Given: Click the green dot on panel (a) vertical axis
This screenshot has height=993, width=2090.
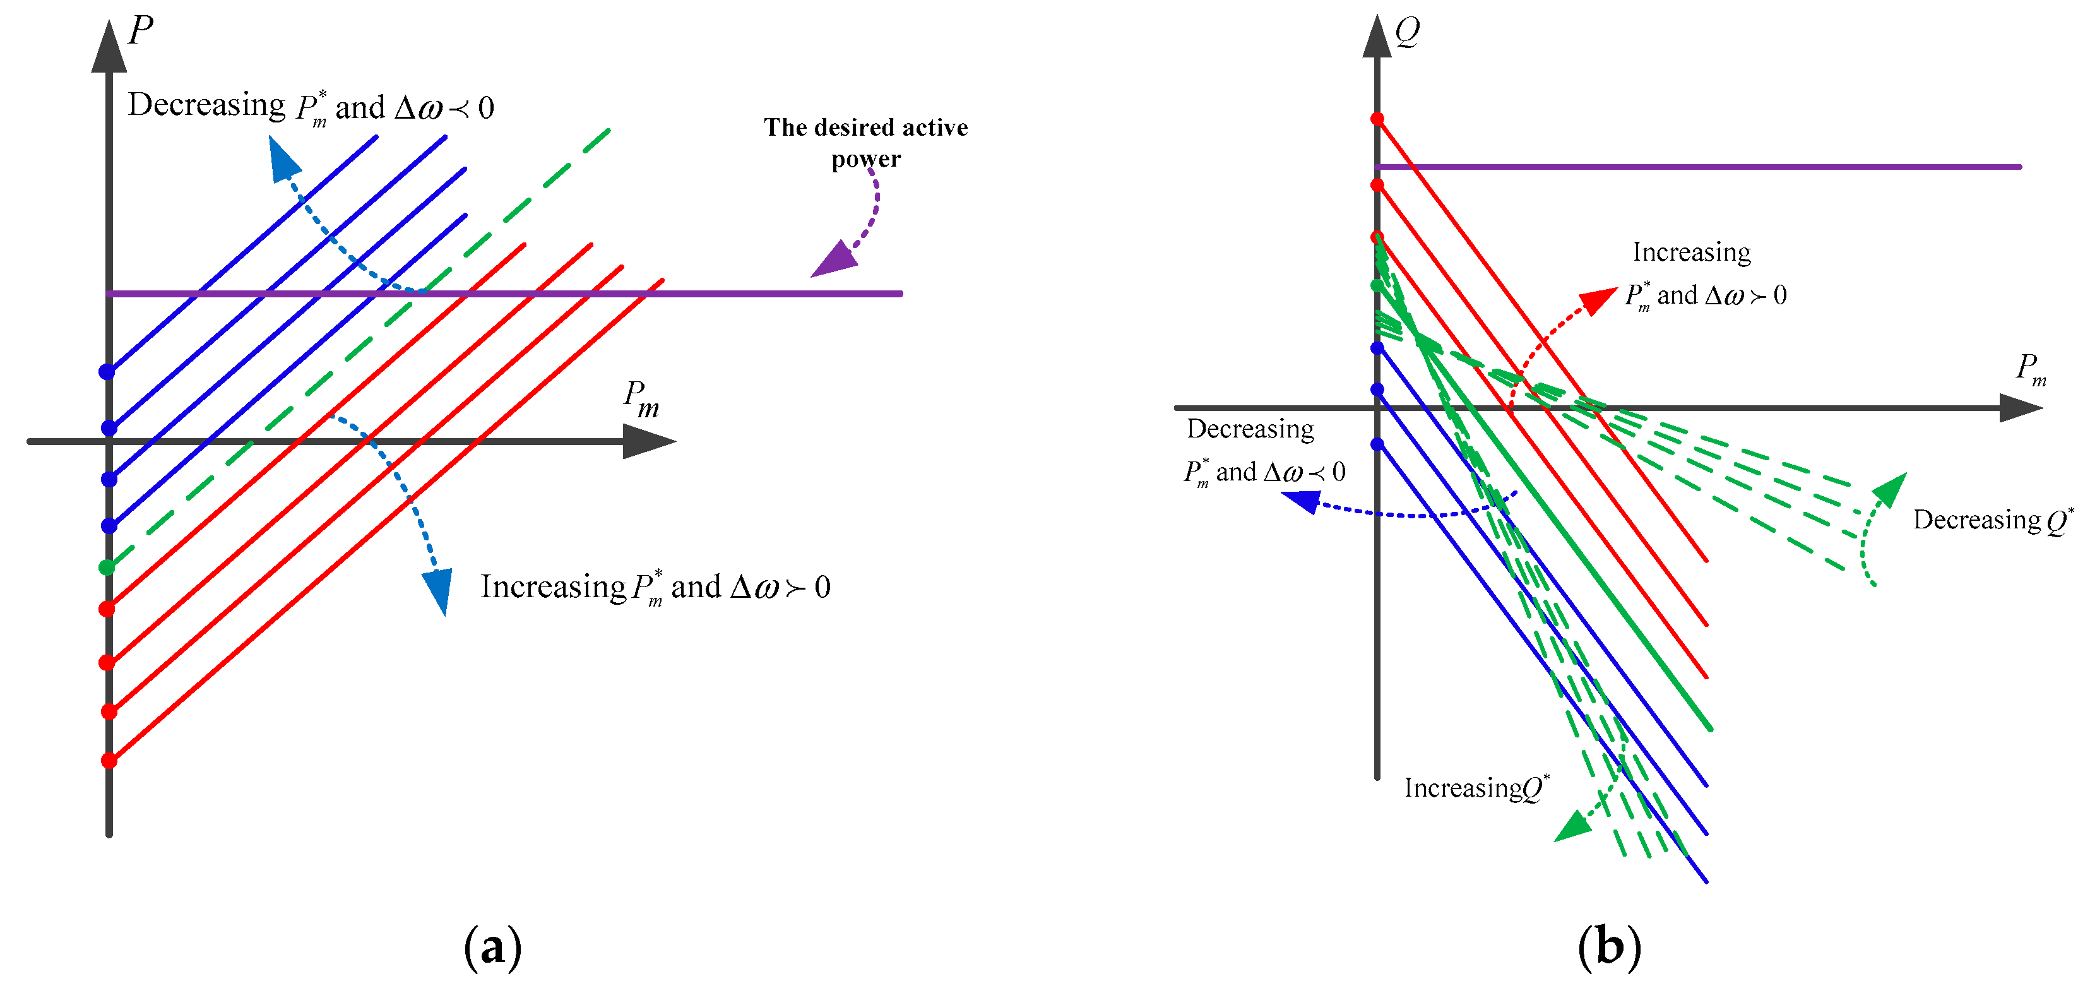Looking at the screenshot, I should tap(106, 567).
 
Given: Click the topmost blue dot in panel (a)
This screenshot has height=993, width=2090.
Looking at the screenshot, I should tap(106, 372).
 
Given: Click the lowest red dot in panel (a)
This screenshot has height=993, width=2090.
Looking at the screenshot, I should tap(109, 760).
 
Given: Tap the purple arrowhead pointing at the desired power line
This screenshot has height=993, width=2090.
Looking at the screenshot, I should tap(834, 259).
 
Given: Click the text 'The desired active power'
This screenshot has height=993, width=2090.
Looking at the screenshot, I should tap(865, 142).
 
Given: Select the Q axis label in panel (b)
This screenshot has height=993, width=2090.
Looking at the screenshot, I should tap(1408, 32).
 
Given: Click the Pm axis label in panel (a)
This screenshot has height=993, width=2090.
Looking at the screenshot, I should tap(641, 399).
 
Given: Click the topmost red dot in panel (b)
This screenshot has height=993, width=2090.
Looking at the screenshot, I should tap(1377, 119).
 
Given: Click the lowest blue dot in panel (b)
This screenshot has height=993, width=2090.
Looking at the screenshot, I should tap(1377, 444).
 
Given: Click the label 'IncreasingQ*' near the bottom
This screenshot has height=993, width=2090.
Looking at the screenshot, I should tap(1476, 788).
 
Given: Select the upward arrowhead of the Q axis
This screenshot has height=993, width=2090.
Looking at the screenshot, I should tap(1377, 37).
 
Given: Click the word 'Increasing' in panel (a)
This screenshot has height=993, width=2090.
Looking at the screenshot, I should tap(552, 586).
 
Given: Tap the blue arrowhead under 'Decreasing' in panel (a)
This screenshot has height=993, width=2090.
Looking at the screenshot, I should tap(284, 159).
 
